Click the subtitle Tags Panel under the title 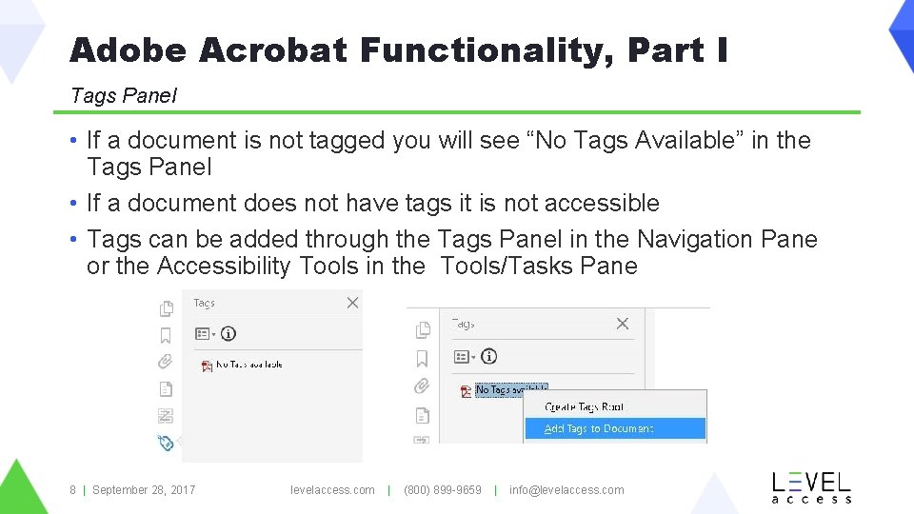(123, 95)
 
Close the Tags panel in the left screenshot (352, 303)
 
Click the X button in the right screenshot (623, 324)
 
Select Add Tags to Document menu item (599, 429)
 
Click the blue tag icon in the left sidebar (166, 442)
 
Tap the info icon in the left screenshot (228, 334)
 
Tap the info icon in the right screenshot (488, 357)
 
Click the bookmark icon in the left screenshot (166, 335)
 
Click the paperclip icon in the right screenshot (422, 386)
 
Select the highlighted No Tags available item (511, 389)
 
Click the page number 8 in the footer (72, 490)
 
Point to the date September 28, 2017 (144, 490)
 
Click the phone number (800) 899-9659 (443, 490)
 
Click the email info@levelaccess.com (566, 490)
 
